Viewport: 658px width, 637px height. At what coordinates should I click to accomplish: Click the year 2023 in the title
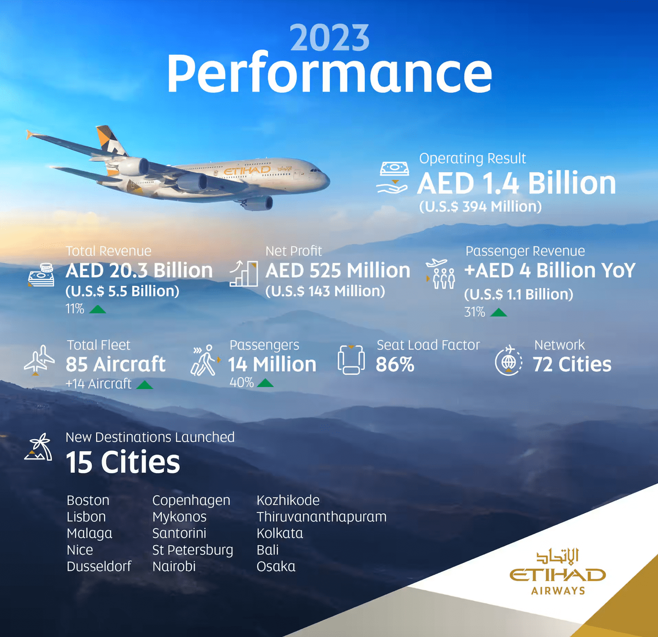[329, 38]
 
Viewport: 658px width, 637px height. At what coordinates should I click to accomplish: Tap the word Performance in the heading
[329, 73]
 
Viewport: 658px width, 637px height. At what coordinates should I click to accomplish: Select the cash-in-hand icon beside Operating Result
[393, 178]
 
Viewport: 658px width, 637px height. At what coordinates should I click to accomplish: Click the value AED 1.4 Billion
[517, 183]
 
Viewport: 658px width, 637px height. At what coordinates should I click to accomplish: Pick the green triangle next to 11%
[98, 309]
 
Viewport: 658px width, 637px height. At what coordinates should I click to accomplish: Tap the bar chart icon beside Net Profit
[244, 273]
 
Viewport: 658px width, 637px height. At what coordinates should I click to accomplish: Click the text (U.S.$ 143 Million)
[325, 291]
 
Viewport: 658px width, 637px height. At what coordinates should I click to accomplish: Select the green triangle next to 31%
[499, 312]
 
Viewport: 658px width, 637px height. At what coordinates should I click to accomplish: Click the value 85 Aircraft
[116, 364]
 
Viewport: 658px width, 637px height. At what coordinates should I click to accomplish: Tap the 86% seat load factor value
[395, 365]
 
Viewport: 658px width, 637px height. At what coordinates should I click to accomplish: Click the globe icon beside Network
[509, 360]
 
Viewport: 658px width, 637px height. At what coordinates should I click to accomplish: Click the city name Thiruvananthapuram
[321, 517]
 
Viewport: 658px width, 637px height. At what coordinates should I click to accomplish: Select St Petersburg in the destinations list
[193, 550]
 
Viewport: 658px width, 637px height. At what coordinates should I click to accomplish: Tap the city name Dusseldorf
[99, 566]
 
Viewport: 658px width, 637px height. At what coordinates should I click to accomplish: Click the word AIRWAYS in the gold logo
[558, 591]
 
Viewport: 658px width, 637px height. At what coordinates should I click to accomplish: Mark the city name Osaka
[276, 566]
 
